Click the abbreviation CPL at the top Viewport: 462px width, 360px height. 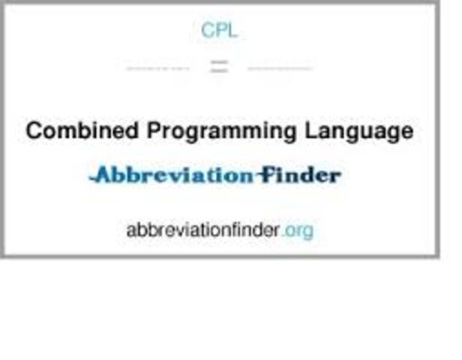click(220, 31)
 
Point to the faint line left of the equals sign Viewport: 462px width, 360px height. click(158, 68)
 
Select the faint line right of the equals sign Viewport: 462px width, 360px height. click(279, 68)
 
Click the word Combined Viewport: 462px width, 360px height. click(82, 130)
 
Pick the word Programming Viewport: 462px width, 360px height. click(222, 132)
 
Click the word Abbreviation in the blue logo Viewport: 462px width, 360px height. click(172, 175)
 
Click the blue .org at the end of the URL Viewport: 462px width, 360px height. click(298, 230)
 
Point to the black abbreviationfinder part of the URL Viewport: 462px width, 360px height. click(203, 230)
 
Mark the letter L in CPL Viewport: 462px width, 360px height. click(232, 31)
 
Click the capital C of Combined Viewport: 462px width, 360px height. click(34, 130)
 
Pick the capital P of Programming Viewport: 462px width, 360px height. click(154, 130)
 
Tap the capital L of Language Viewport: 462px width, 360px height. click(310, 130)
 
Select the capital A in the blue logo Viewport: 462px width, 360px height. click(102, 175)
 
